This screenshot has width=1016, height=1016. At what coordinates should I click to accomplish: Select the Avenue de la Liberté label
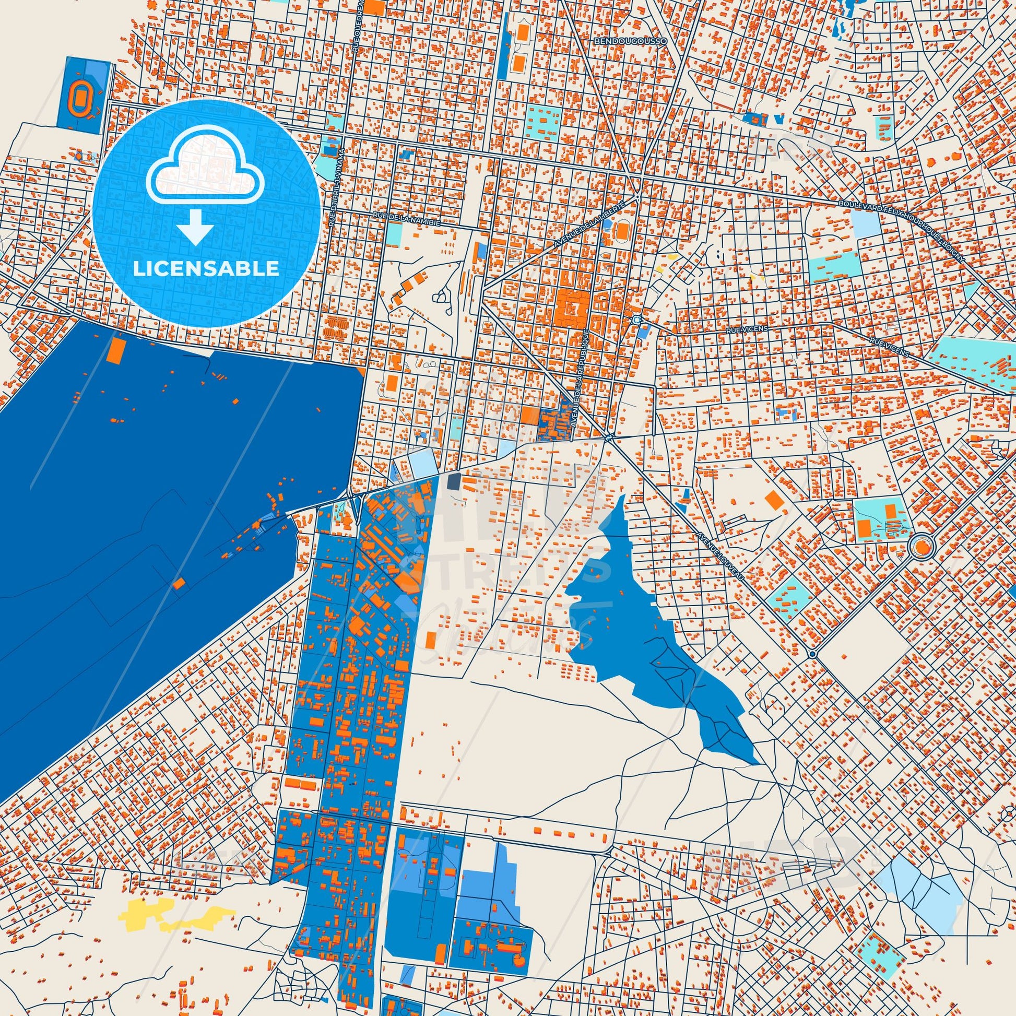coord(589,223)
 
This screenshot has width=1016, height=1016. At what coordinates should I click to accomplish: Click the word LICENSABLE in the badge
coord(206,268)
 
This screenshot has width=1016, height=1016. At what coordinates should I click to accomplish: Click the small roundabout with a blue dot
coord(812,654)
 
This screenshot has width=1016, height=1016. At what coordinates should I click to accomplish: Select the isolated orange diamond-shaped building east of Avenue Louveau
coord(774,500)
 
